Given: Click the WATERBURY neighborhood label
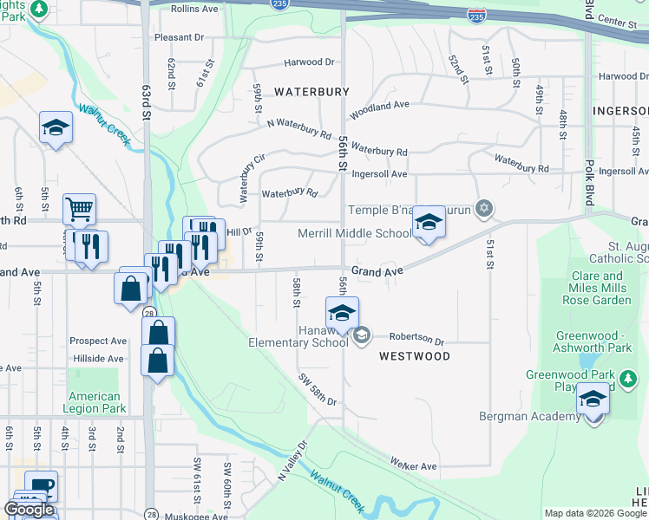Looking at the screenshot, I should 311,91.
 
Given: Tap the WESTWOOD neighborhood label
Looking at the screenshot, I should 414,356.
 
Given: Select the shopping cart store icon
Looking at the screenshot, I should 79,209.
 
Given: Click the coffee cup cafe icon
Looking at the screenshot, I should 41,486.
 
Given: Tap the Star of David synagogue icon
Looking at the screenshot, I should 484,208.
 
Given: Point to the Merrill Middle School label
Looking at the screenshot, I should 355,233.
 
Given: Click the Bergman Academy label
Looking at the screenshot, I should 530,417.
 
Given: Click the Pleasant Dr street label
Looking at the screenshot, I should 179,38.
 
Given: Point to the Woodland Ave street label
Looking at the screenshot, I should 379,110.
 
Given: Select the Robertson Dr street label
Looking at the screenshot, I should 416,340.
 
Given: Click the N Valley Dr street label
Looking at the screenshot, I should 293,461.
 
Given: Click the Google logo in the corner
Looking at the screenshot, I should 29,510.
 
